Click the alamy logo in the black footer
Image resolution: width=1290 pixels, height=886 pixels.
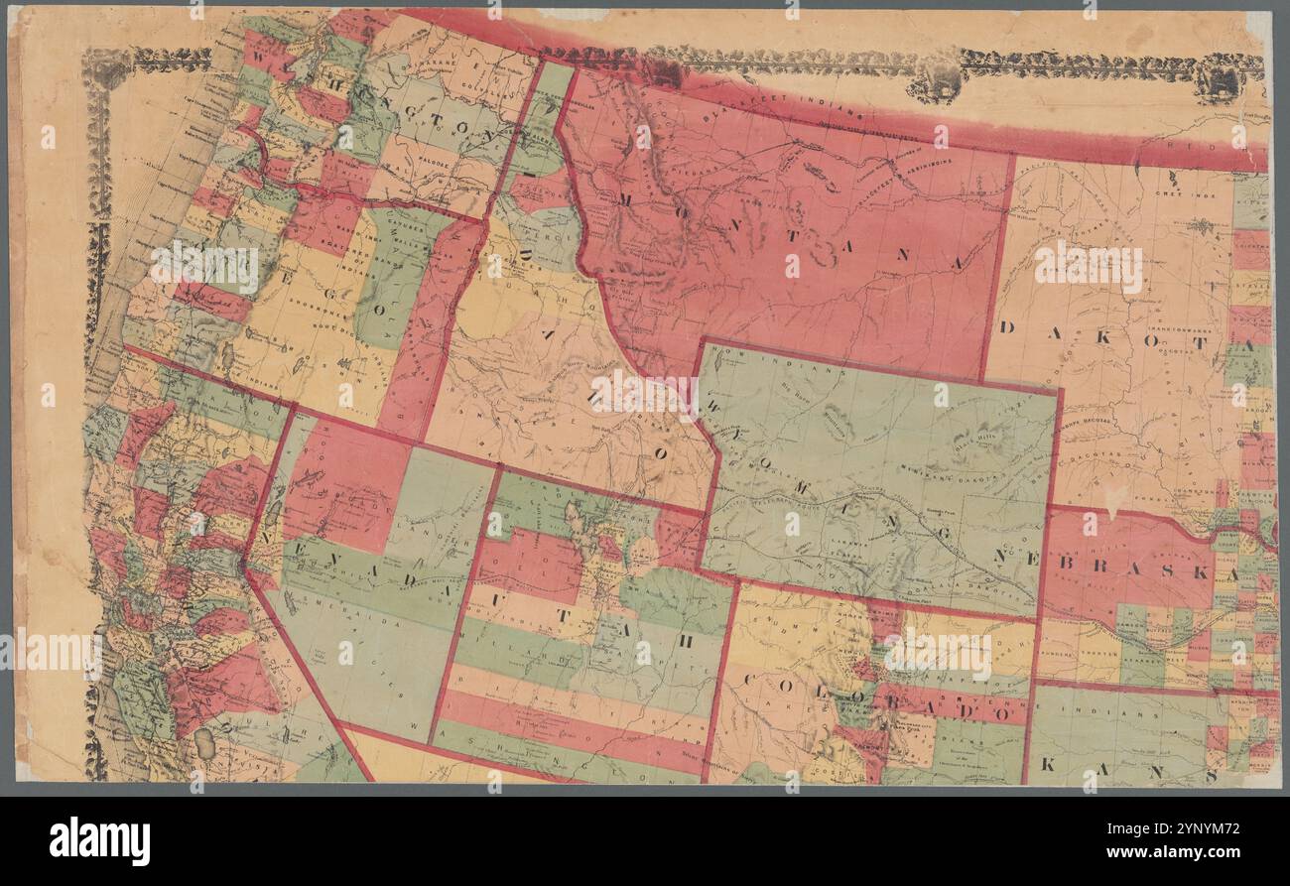pos(100,840)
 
